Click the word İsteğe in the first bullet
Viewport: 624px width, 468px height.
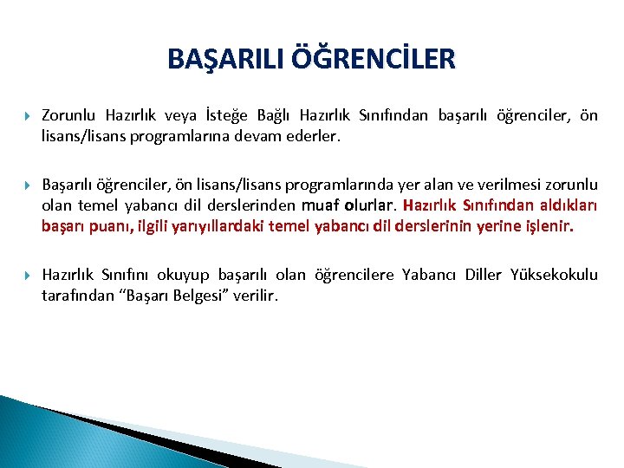tap(256, 115)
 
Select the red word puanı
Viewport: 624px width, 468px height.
tap(111, 227)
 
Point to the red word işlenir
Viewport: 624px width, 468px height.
tap(547, 227)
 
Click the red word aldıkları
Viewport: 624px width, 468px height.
tap(562, 207)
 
